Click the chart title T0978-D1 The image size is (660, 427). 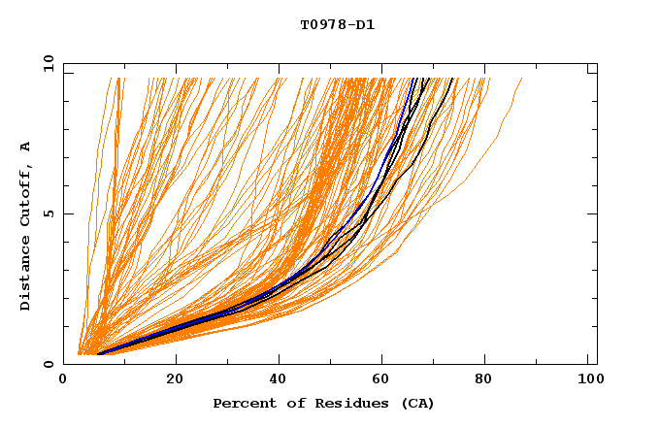pyautogui.click(x=337, y=25)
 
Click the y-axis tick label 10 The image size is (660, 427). pyautogui.click(x=47, y=63)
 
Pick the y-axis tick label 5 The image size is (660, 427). pyautogui.click(x=50, y=213)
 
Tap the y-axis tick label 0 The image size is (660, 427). pyautogui.click(x=50, y=364)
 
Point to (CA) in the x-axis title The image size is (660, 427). pyautogui.click(x=414, y=403)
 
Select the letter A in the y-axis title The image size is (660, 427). pyautogui.click(x=25, y=147)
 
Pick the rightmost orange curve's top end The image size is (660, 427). pyautogui.click(x=522, y=79)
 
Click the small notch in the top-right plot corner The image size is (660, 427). pyautogui.click(x=592, y=70)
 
